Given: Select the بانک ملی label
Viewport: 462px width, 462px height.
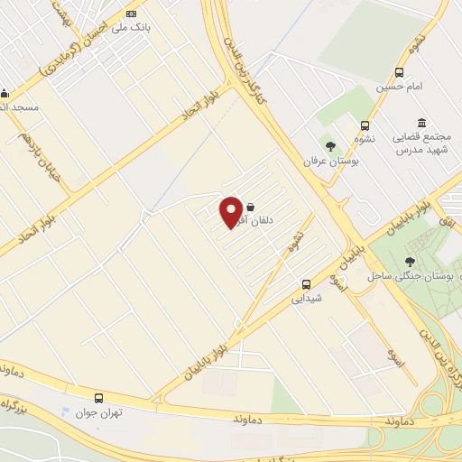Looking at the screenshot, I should tap(128, 28).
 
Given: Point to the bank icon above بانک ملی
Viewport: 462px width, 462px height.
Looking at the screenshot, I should tap(133, 14).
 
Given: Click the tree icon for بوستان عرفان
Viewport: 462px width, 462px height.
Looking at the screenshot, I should tap(331, 145).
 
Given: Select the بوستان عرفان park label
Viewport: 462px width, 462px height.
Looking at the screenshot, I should tap(342, 160).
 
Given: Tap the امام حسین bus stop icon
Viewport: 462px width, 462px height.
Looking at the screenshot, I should tap(399, 73).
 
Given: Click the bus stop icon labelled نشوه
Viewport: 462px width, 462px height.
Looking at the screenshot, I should tap(365, 126).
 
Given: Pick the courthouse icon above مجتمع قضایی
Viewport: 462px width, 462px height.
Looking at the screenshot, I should tap(420, 123).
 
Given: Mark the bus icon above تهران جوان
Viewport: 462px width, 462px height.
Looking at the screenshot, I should tap(98, 398).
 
